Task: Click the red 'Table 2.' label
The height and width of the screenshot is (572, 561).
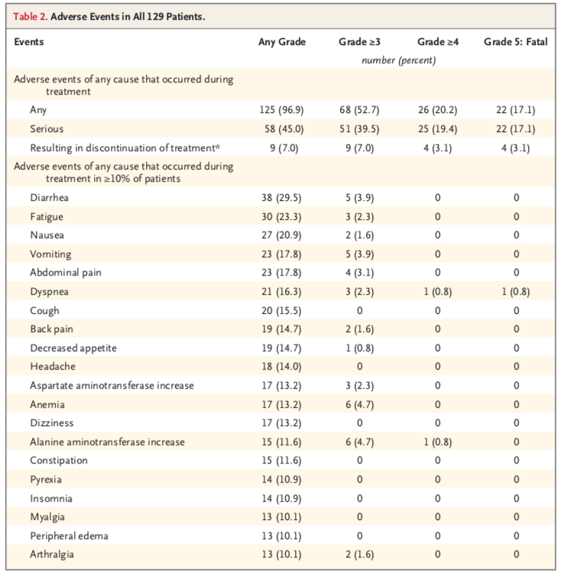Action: [31, 16]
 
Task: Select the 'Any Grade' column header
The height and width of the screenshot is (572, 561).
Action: [282, 42]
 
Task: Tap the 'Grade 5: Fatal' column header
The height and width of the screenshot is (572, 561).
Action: [515, 42]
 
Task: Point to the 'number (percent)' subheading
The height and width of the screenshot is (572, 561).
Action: [398, 60]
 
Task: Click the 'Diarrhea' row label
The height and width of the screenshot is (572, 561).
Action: [49, 198]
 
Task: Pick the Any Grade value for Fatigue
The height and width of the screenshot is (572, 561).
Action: [281, 217]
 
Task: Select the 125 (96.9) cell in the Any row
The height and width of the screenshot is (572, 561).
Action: [281, 110]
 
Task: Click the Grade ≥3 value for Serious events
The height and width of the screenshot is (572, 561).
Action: [359, 129]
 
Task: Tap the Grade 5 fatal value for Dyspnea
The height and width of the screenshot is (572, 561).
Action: [515, 292]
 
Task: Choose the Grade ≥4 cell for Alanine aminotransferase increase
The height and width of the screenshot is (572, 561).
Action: [438, 441]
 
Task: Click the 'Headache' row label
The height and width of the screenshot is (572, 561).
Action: [53, 367]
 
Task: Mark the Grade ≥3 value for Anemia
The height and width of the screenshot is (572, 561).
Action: [359, 404]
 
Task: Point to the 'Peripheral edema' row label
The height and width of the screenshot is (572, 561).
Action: [69, 536]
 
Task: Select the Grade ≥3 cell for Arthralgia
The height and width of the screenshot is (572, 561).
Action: [359, 554]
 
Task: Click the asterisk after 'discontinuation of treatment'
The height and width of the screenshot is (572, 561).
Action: [218, 147]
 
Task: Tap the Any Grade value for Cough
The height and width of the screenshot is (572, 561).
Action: [281, 311]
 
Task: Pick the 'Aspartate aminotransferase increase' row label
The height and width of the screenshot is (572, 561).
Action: [112, 386]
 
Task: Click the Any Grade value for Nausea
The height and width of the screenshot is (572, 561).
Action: [281, 235]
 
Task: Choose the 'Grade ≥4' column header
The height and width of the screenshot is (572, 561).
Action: [438, 42]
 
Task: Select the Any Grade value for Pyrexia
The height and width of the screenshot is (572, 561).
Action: [281, 480]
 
